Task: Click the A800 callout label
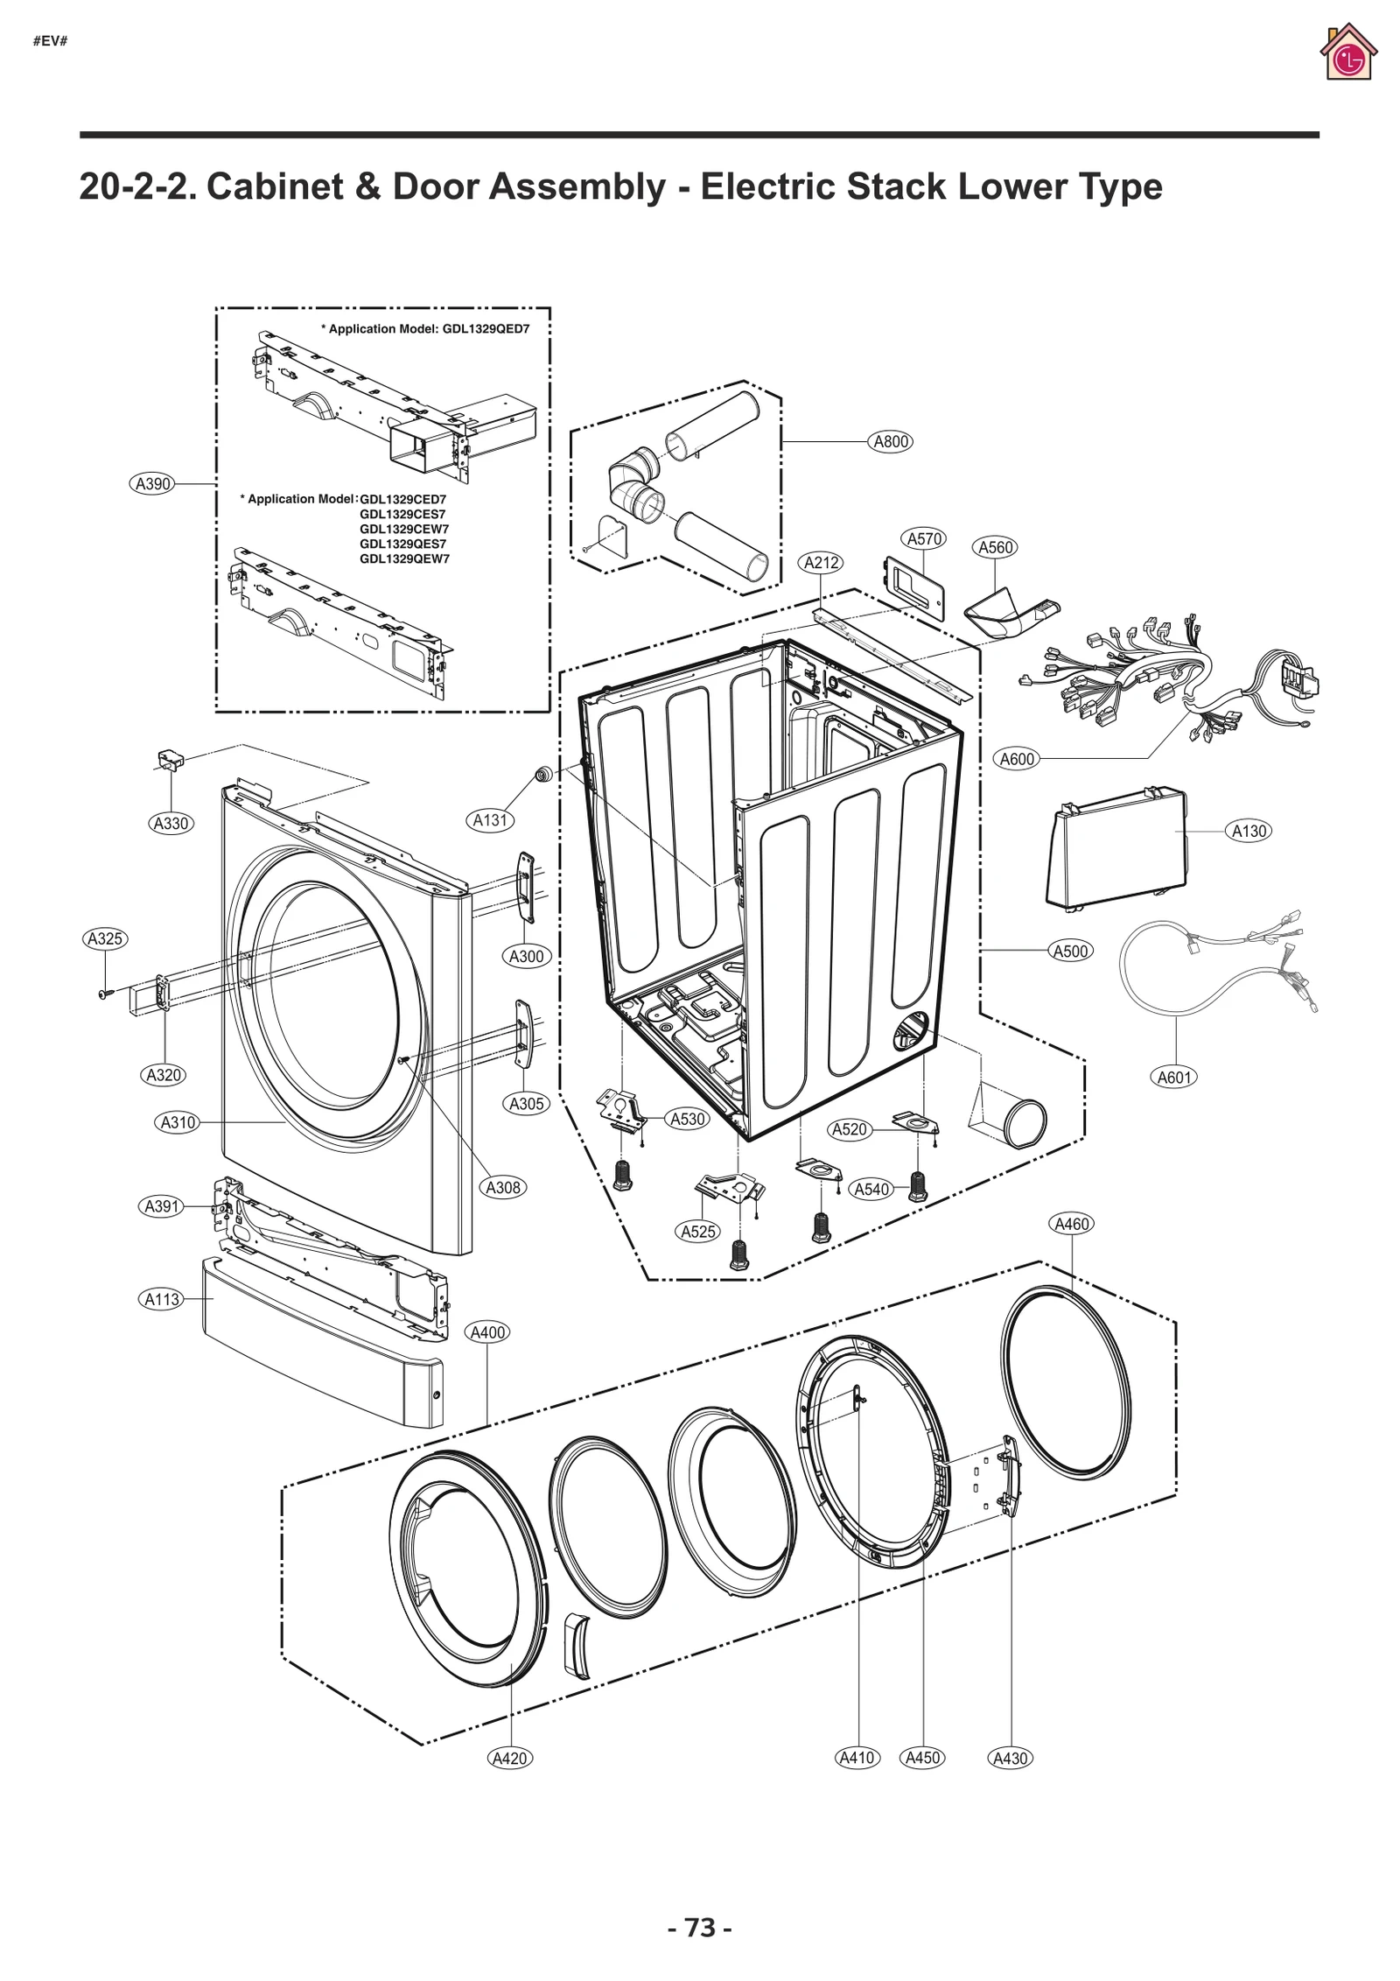click(x=891, y=441)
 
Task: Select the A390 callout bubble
click(x=151, y=483)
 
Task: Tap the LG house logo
click(x=1347, y=54)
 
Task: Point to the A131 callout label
click(x=490, y=820)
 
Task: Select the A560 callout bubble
click(x=995, y=547)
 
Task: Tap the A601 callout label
click(x=1174, y=1077)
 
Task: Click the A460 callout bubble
click(x=1071, y=1224)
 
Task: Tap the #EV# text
click(x=50, y=42)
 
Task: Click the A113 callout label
click(x=162, y=1299)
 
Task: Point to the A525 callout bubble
click(x=698, y=1232)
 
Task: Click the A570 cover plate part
click(x=914, y=587)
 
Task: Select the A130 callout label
click(x=1249, y=831)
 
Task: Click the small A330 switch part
click(x=169, y=759)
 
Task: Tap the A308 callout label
click(x=503, y=1187)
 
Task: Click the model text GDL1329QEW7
click(x=404, y=558)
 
